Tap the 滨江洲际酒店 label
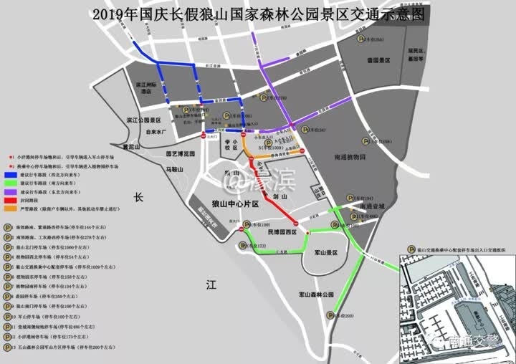[147, 88]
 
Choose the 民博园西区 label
[282, 233]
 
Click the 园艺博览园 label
[180, 153]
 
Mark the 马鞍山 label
[176, 169]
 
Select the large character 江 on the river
[211, 284]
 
